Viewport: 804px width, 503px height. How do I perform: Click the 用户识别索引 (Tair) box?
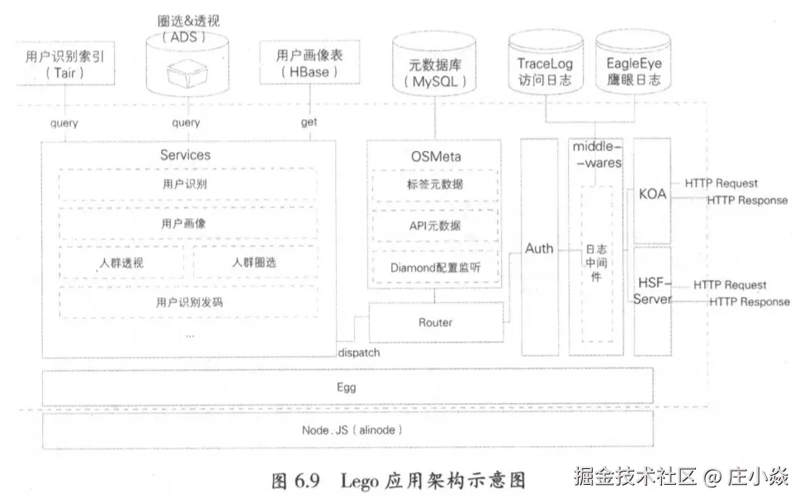point(65,64)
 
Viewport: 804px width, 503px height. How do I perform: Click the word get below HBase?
point(309,123)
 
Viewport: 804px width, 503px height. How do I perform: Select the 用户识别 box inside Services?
point(188,183)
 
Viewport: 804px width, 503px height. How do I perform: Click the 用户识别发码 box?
point(188,302)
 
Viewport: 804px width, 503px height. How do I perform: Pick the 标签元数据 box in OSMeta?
point(434,184)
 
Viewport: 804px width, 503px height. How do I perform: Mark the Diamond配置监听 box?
point(434,268)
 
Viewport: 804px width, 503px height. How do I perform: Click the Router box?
point(435,322)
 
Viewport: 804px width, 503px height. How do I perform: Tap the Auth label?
point(539,248)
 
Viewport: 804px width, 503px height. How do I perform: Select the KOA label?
point(652,195)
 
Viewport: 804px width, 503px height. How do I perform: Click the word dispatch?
point(358,353)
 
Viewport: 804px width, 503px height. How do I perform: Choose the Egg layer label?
point(347,387)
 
